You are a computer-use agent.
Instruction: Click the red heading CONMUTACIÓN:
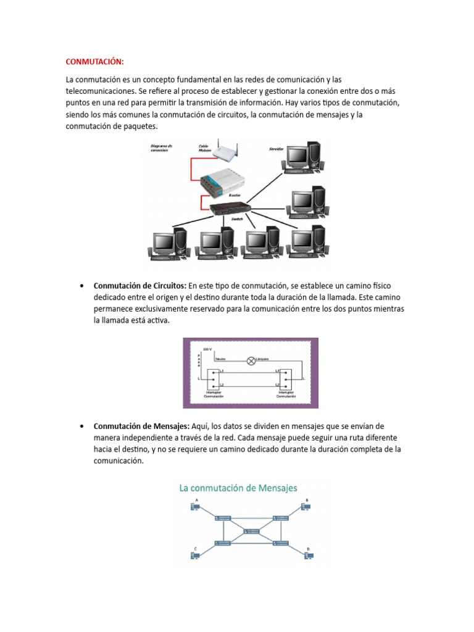[x=95, y=62]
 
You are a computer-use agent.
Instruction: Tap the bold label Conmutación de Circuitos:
[x=139, y=286]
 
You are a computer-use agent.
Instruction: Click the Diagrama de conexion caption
[x=161, y=148]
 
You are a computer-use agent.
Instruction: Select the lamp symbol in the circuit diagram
[x=251, y=361]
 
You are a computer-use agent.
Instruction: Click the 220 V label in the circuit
[x=206, y=349]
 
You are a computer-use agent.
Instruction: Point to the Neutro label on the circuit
[x=220, y=358]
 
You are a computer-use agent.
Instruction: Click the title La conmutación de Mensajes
[x=238, y=488]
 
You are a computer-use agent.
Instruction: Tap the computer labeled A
[x=196, y=507]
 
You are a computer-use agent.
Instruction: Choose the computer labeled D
[x=309, y=555]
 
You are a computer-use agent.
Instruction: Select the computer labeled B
[x=305, y=507]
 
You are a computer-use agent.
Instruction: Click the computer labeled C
[x=196, y=555]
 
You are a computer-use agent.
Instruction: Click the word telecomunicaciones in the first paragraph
[x=104, y=91]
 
